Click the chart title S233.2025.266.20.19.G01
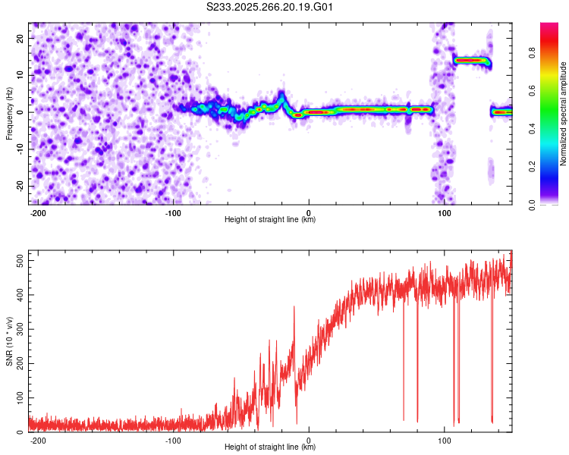[x=271, y=8]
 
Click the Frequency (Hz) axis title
[x=9, y=114]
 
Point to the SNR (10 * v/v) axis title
[x=9, y=341]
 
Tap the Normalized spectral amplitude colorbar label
[x=564, y=114]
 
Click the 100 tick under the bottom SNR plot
[x=444, y=441]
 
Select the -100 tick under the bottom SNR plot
[x=173, y=441]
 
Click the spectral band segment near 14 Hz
[x=470, y=60]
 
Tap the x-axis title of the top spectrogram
[x=270, y=221]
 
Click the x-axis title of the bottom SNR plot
[x=270, y=448]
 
